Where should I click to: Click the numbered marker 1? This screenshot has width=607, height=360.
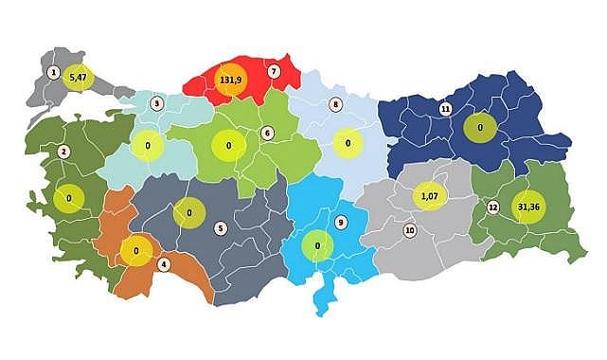click(x=54, y=72)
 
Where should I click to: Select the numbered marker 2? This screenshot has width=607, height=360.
click(x=63, y=152)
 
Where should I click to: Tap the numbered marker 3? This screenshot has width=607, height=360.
click(x=157, y=102)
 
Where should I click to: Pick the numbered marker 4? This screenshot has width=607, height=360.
click(x=164, y=263)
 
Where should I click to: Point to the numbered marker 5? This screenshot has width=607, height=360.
click(x=221, y=227)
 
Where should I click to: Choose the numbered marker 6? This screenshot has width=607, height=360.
click(x=268, y=134)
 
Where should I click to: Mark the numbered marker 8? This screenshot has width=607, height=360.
click(x=334, y=103)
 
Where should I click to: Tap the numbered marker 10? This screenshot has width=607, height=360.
click(x=410, y=230)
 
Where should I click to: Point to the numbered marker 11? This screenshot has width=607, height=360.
click(x=445, y=110)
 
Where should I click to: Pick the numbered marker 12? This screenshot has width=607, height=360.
click(x=492, y=207)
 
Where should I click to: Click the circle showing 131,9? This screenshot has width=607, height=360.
click(x=230, y=81)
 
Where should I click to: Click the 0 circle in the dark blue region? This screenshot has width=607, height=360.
click(x=480, y=127)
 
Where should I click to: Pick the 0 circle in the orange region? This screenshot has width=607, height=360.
click(x=136, y=252)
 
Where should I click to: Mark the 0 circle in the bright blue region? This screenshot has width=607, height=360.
click(x=317, y=246)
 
